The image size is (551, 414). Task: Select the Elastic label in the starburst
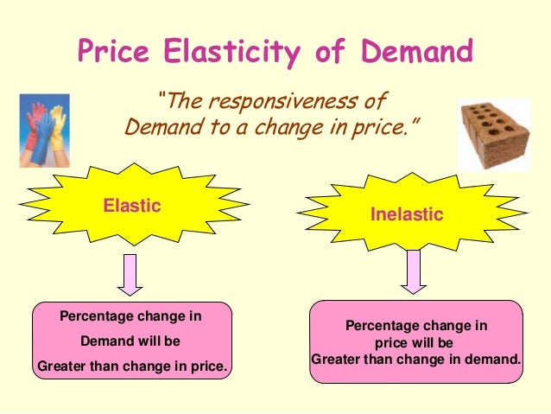[133, 206]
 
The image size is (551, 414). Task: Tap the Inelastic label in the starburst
[407, 213]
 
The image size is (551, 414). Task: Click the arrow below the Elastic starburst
[131, 274]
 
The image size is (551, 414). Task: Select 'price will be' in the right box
[415, 342]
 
